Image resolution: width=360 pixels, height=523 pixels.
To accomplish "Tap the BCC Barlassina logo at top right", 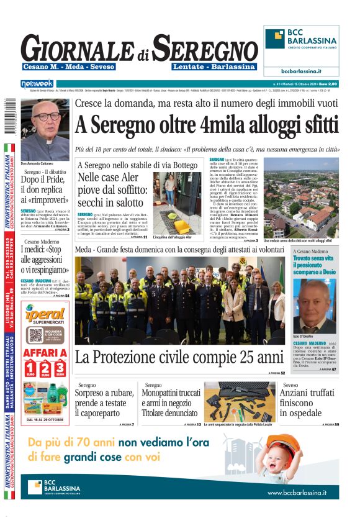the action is (302, 39).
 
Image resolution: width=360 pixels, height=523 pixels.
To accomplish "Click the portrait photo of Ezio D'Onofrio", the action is (315, 307).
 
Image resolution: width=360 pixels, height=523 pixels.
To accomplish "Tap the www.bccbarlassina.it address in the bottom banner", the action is (297, 492).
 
